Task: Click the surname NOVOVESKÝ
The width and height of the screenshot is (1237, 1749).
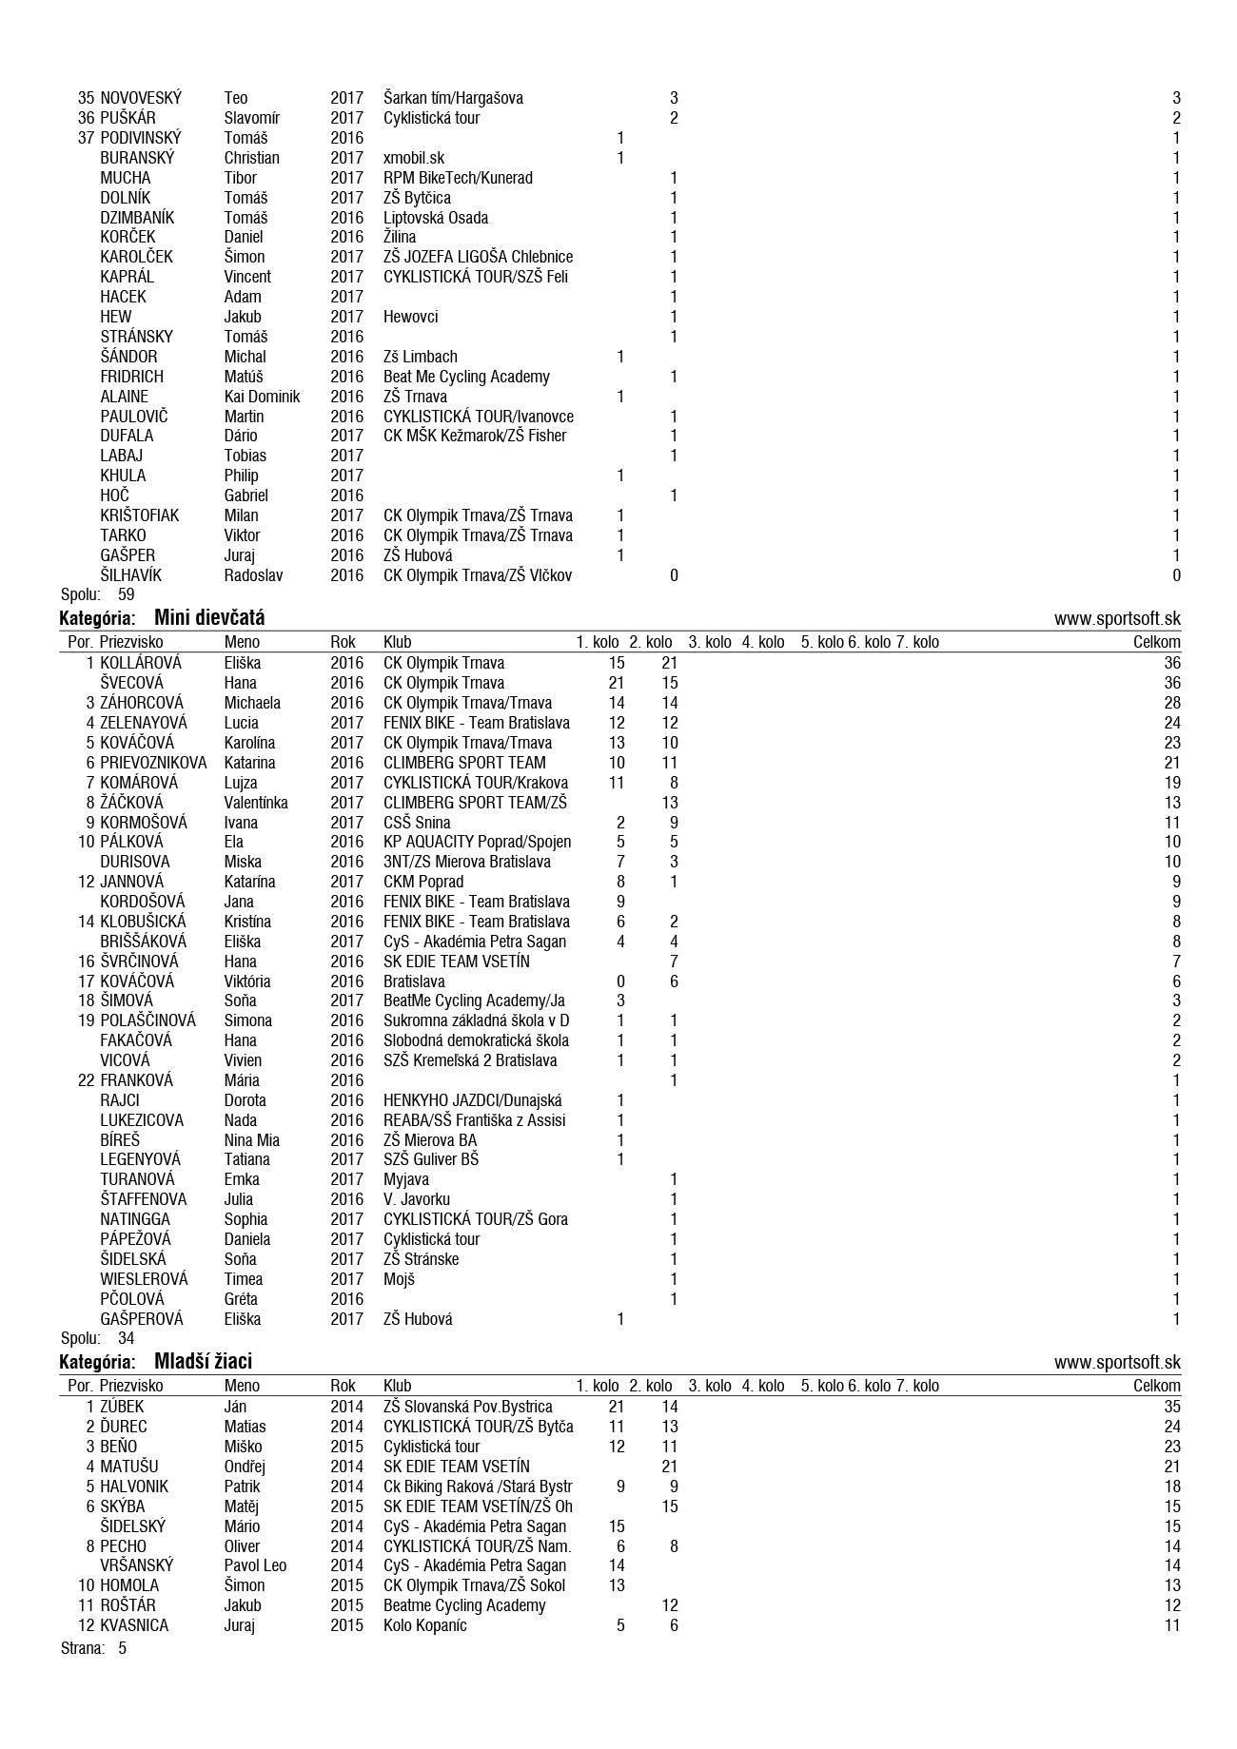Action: (x=140, y=98)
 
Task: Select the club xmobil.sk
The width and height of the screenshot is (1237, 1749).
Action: (x=413, y=158)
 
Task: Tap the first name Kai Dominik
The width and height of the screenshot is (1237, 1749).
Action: (x=262, y=397)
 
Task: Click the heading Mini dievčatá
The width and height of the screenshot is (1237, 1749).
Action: (x=208, y=618)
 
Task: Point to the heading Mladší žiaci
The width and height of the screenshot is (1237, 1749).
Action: (x=203, y=1362)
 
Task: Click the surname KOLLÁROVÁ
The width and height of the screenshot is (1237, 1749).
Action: (x=140, y=663)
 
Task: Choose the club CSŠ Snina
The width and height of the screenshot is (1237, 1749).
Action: (x=417, y=823)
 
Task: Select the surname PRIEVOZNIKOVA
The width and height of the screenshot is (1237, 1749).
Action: (x=153, y=763)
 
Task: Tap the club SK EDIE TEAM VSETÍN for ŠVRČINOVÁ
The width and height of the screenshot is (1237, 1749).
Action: (x=456, y=962)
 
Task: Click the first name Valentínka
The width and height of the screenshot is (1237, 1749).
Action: (x=256, y=803)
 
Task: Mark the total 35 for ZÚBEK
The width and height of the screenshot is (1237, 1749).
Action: (x=1171, y=1407)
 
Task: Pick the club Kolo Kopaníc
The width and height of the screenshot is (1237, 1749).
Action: (x=424, y=1625)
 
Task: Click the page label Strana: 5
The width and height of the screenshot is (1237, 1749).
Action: (x=93, y=1648)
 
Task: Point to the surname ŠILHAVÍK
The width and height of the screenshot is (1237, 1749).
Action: (x=131, y=575)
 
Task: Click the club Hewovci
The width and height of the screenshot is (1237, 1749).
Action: (x=410, y=317)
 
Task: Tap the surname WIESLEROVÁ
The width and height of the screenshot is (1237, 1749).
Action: (x=144, y=1279)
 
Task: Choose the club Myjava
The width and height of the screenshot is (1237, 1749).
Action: (x=405, y=1179)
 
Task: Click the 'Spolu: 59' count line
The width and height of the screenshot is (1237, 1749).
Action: (x=97, y=594)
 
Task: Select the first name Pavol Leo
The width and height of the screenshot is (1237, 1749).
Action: (x=255, y=1565)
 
